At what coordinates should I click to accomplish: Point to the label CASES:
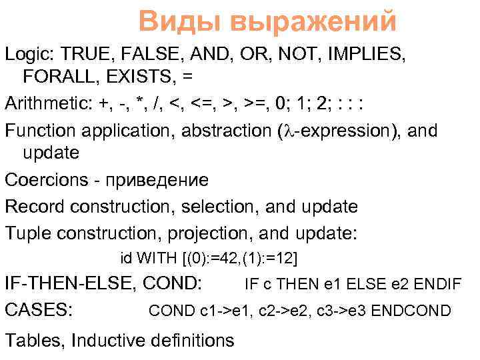click(39, 310)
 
